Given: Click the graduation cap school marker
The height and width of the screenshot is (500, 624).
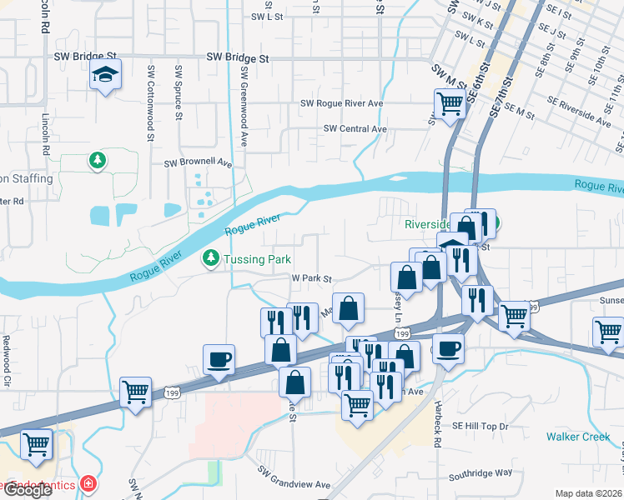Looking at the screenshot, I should click(106, 75).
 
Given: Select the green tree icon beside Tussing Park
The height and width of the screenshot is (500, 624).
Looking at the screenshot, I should click(211, 259).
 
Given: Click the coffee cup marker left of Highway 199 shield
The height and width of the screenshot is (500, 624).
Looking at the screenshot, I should click(219, 360).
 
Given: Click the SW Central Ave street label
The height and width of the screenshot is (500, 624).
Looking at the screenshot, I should click(355, 129).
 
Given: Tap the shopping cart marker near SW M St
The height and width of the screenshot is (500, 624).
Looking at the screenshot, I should click(449, 104).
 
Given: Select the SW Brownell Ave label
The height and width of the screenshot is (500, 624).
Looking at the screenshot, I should click(198, 163).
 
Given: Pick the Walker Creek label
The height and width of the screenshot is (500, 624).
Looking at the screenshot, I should click(579, 437).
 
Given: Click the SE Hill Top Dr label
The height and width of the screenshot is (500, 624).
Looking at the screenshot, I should click(481, 427).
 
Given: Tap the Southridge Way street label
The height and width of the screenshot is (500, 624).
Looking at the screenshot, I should click(481, 472).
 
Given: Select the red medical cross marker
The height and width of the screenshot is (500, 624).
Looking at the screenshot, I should click(87, 484).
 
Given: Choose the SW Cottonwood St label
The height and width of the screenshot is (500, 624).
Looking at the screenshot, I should click(151, 92).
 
